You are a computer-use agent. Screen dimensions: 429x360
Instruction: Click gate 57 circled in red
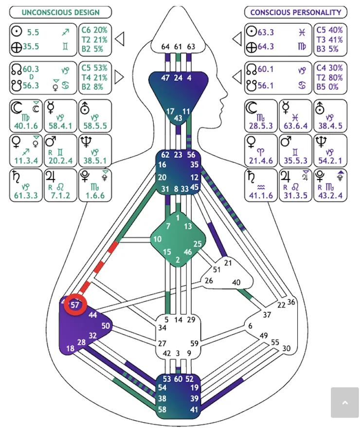point(76,305)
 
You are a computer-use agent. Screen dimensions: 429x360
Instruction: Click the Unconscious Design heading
point(60,12)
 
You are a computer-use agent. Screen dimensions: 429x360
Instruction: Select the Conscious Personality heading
point(295,12)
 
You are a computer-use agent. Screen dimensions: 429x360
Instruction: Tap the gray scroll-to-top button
point(344,402)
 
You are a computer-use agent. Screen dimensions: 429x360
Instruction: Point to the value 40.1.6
point(25,127)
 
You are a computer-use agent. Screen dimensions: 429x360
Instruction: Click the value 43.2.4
point(330,195)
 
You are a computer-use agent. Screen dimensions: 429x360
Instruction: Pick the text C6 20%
point(94,30)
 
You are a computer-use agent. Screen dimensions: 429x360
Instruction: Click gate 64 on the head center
point(165,47)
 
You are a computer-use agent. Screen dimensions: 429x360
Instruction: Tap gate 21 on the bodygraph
point(229,263)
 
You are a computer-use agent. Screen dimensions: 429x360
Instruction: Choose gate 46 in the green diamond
point(188,252)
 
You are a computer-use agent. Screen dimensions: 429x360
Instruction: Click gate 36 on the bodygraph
point(291,302)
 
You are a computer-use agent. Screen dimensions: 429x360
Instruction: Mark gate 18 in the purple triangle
point(70,348)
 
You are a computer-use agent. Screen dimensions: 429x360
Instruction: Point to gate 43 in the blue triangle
point(178,118)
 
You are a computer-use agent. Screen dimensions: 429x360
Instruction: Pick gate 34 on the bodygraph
point(162,328)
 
